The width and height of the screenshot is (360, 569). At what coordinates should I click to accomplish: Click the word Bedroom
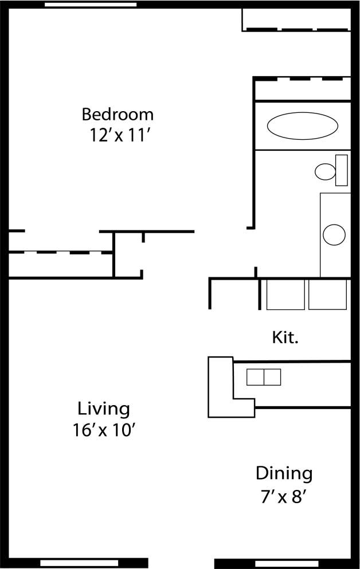point(118,114)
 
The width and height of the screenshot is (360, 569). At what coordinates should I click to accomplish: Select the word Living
point(104,409)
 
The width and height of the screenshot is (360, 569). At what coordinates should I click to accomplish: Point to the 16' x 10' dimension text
point(104,430)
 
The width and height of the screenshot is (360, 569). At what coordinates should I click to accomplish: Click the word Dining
point(284,474)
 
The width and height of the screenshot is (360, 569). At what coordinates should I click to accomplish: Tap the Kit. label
point(285,338)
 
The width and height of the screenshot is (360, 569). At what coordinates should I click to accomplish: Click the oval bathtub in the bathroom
point(302,125)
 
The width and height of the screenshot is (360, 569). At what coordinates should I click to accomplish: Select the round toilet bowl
point(326,171)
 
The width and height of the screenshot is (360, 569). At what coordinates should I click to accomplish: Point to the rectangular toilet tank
point(342,170)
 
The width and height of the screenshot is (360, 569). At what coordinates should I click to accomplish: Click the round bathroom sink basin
point(334,234)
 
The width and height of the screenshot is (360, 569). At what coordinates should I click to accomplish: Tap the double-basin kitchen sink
point(264,377)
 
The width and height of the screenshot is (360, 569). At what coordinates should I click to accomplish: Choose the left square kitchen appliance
point(285,295)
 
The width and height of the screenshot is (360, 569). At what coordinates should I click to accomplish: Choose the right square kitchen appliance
point(327,295)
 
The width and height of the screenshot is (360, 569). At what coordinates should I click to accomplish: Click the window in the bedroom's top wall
point(91,5)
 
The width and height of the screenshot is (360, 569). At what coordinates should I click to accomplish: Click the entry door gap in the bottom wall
point(181,563)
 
